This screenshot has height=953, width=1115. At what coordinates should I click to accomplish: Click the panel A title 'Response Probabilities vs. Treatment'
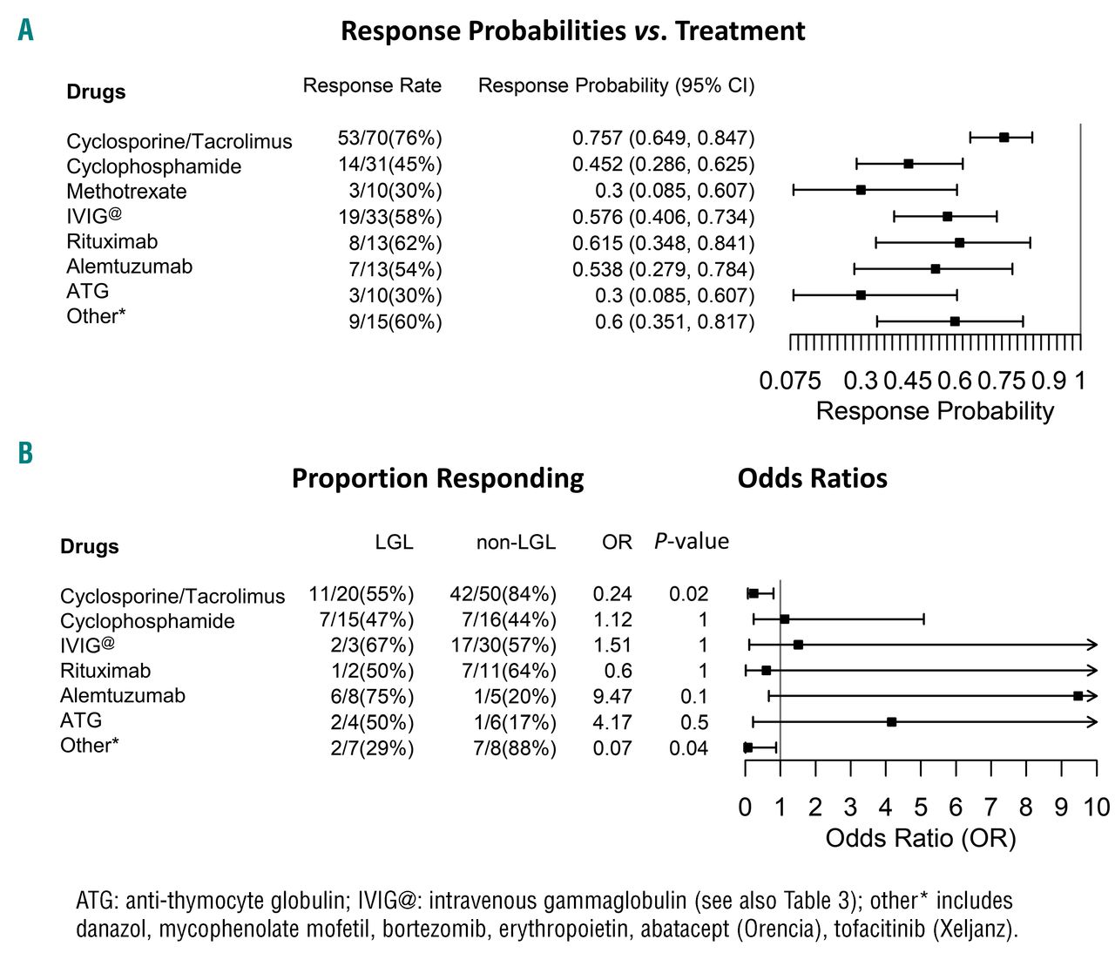[x=572, y=31]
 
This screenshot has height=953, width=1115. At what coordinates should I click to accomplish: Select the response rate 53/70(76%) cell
[x=389, y=139]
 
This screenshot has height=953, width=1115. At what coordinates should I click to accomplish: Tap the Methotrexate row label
[x=126, y=192]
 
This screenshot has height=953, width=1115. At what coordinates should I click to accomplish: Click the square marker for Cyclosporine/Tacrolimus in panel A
[x=1003, y=138]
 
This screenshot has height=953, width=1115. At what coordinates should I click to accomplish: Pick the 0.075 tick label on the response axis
[x=790, y=382]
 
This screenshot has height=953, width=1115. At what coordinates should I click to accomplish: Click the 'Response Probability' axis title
[x=935, y=411]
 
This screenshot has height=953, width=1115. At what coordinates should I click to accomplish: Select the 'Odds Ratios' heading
[x=812, y=478]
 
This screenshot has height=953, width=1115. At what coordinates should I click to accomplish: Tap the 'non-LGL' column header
[x=516, y=543]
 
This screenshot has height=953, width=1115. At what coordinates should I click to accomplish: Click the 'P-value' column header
[x=691, y=542]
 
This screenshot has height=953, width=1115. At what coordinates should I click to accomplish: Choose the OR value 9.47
[x=612, y=697]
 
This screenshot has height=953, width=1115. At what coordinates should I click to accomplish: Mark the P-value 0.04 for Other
[x=688, y=748]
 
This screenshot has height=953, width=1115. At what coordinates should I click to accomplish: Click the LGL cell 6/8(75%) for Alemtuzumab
[x=372, y=697]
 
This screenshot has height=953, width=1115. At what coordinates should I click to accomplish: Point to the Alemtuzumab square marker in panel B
[x=1078, y=696]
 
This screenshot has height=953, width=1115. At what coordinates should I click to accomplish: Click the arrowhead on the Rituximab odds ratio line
[x=1092, y=671]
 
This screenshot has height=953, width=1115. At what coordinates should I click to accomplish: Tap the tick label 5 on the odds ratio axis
[x=921, y=808]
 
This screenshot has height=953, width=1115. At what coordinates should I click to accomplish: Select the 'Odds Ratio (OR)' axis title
[x=921, y=838]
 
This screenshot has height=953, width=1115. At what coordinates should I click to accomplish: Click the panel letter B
[x=25, y=453]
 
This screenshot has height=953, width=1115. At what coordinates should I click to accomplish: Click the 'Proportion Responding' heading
[x=437, y=478]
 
